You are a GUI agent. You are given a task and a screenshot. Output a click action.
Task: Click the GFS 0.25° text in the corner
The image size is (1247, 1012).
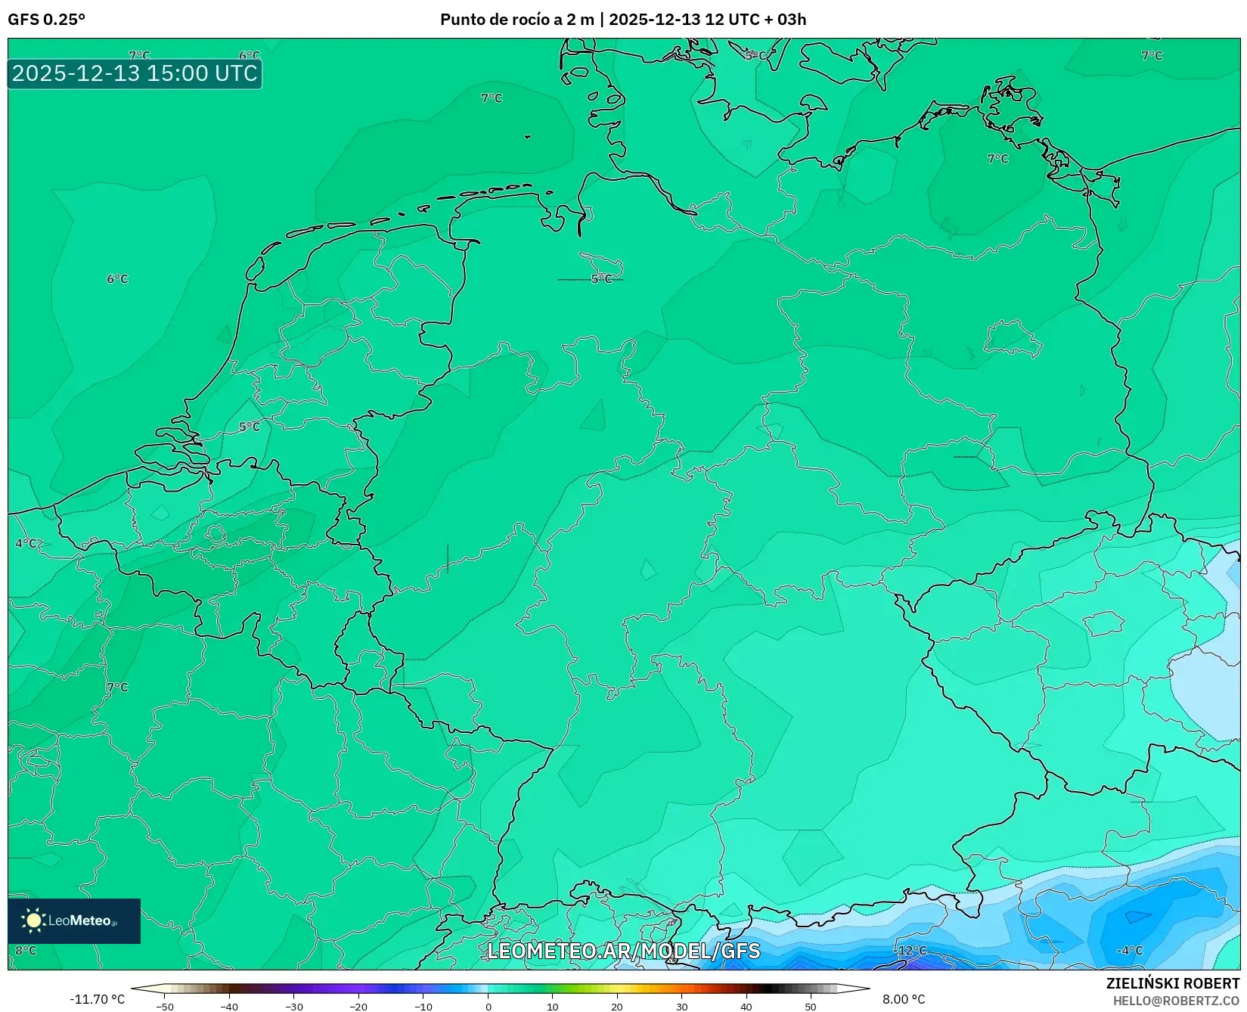point(46,20)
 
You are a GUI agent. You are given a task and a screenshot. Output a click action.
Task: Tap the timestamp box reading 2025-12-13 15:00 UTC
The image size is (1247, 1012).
point(135,73)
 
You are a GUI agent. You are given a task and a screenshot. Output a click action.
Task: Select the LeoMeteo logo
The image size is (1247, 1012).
point(74,920)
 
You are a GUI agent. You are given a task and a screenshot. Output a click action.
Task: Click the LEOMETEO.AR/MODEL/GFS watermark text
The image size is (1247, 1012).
point(623,951)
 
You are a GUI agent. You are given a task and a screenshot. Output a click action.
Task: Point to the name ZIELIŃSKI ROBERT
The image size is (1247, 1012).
point(1173,983)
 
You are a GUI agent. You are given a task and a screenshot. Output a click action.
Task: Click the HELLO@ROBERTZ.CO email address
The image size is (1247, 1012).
point(1176,1001)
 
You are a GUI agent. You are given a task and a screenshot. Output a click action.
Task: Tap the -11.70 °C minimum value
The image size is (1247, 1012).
point(97,1000)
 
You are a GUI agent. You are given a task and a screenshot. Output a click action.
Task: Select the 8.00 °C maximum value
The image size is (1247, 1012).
point(904,1000)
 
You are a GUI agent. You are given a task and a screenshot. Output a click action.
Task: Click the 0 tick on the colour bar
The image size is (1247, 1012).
point(489,1006)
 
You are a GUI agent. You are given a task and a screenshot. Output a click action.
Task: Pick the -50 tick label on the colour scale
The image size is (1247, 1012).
point(164,1006)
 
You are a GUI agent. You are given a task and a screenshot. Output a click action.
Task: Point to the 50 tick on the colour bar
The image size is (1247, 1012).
point(811,1006)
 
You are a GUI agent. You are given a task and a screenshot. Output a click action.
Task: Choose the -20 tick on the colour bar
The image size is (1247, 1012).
point(358,1006)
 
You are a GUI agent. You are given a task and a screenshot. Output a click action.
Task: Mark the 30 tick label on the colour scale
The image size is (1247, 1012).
point(682,1006)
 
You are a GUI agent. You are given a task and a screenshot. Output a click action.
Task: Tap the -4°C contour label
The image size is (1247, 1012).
point(1130,951)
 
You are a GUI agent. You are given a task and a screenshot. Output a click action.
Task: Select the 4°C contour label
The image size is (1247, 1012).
point(26,543)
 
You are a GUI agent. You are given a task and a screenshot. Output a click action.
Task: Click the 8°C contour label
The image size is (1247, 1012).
point(26,951)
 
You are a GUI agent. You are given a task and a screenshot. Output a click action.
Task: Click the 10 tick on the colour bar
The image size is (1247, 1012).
point(553,1006)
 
